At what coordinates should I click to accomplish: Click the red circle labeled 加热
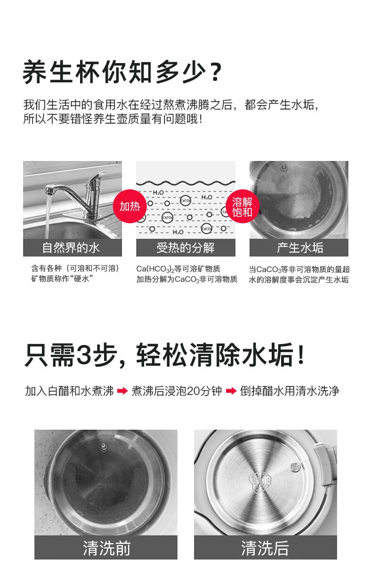click(x=129, y=206)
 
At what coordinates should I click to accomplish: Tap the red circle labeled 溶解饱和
click(x=242, y=206)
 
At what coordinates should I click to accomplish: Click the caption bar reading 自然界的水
click(x=73, y=248)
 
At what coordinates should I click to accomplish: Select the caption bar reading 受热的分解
click(x=186, y=248)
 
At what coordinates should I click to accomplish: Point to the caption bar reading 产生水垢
click(x=299, y=248)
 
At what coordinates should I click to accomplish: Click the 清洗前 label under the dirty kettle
click(x=106, y=548)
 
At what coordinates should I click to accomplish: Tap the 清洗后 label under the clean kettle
click(x=266, y=548)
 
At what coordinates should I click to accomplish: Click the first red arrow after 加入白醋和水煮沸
click(x=122, y=391)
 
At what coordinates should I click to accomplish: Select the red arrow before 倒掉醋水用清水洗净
click(x=231, y=391)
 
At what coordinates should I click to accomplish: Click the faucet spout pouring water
click(x=49, y=190)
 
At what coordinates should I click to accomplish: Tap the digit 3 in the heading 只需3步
click(x=84, y=355)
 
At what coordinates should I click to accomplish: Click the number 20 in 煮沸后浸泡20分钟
click(x=194, y=391)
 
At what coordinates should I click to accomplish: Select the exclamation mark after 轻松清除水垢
click(x=301, y=354)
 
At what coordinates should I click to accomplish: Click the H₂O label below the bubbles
click(x=178, y=232)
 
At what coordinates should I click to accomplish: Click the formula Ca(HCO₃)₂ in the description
click(x=155, y=269)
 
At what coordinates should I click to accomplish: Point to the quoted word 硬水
click(x=81, y=279)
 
